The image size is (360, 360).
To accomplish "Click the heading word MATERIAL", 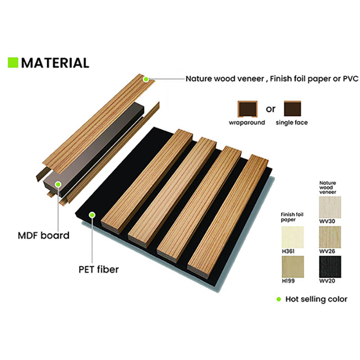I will (55, 63).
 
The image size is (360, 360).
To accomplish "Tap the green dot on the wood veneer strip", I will (146, 79).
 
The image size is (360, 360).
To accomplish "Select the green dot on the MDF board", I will (58, 184).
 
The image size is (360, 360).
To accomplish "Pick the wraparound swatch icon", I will (247, 108).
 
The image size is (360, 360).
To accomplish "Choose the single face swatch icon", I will (292, 108).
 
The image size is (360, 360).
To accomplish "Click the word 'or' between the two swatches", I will (271, 109).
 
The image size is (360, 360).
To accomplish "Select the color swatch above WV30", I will (330, 207).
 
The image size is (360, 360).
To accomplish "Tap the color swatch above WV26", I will (330, 236).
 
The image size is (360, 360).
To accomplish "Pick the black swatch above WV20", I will (330, 266).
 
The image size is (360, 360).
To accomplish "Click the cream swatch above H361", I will (292, 236).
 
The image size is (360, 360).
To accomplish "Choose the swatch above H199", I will (292, 266).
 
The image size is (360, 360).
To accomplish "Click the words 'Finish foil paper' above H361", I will (292, 217).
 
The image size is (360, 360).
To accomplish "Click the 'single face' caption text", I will (292, 122).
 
